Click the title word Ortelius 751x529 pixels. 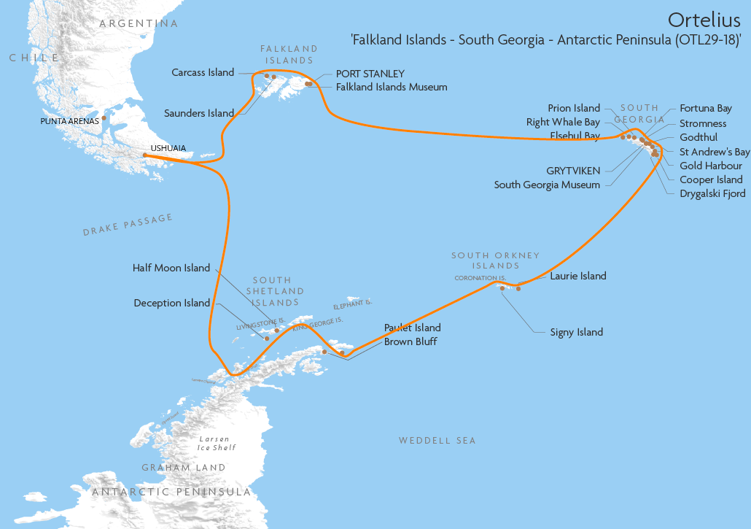704,18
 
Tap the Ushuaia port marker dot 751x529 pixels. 145,155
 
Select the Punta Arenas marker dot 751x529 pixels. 104,117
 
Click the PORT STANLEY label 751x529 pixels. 370,74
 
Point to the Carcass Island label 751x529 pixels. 203,72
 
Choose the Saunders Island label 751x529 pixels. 199,113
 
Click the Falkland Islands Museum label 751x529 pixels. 392,87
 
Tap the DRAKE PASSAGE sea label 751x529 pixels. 128,225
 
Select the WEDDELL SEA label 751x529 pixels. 437,440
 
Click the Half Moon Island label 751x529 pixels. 171,268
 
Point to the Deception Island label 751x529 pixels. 172,303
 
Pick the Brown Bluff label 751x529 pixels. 410,341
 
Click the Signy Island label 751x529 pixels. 577,332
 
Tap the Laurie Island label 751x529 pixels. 578,276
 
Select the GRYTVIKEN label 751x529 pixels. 573,171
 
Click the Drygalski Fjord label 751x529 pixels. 712,193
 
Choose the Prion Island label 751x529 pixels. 574,108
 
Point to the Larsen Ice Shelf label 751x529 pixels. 217,443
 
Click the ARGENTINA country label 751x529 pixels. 139,23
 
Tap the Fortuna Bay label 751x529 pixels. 706,108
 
